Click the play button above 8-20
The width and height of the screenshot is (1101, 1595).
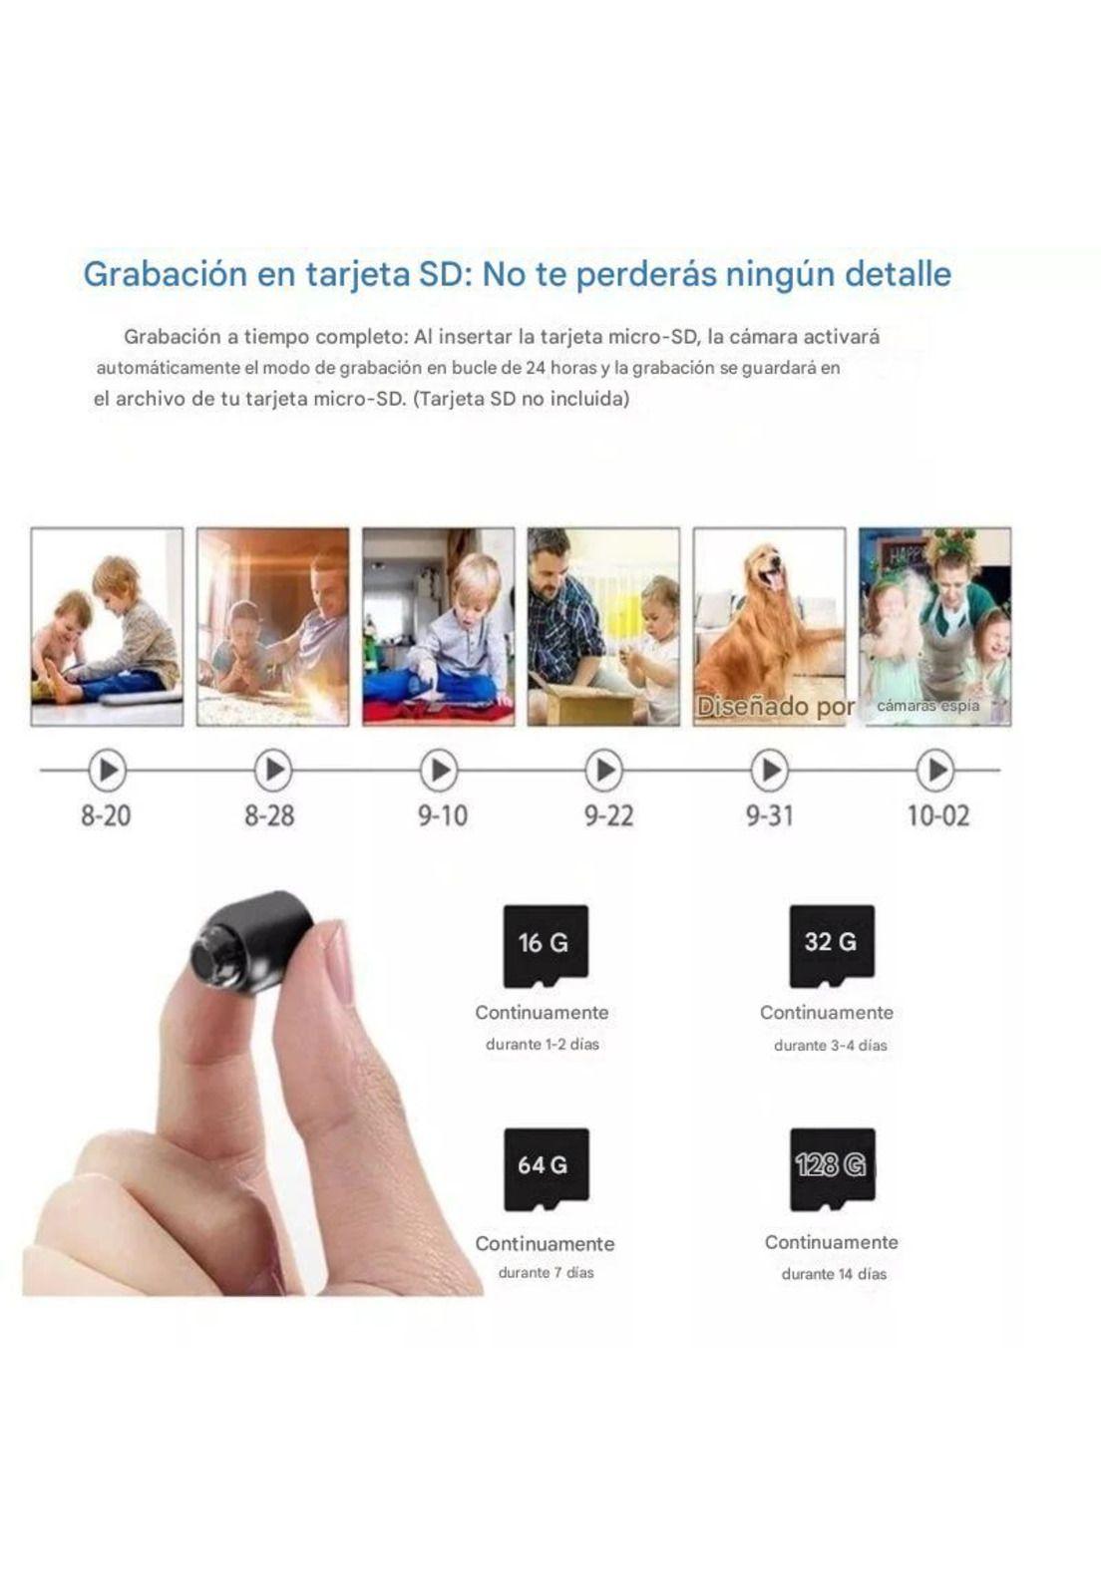pos(108,770)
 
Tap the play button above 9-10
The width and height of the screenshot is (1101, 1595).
pos(439,770)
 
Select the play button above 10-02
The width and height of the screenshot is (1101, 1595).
pos(935,770)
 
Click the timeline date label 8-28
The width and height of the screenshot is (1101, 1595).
pos(270,815)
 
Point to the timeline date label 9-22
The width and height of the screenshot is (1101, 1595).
pos(609,815)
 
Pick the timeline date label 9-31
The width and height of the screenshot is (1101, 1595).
pos(770,815)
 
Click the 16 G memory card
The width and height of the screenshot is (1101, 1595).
pos(546,946)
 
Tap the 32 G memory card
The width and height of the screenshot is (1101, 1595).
pos(832,946)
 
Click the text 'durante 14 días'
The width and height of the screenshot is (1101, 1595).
pos(834,1274)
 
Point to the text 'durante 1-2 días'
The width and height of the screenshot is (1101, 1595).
pos(542,1045)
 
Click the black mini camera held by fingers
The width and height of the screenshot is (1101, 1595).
pos(250,941)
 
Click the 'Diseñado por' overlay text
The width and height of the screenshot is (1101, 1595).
pos(776,707)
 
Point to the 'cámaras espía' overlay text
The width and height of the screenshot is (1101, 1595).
pos(927,706)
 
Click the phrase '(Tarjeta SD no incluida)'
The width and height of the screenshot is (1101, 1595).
pos(522,399)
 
